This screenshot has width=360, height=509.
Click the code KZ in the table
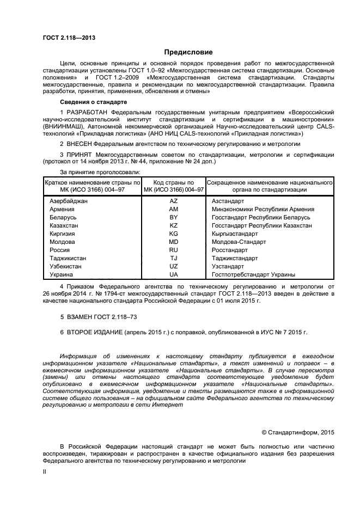click(174, 225)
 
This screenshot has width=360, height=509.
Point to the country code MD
click(174, 242)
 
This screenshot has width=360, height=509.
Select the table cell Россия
click(59, 250)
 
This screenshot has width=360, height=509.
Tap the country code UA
click(174, 274)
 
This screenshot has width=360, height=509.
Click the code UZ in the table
click(174, 266)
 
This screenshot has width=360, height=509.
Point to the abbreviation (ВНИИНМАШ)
click(62, 126)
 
